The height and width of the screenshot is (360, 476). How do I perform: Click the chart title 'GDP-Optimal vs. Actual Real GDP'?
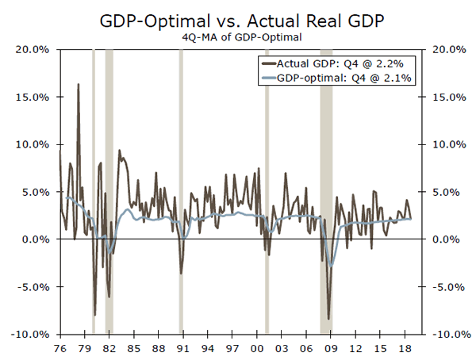(237, 17)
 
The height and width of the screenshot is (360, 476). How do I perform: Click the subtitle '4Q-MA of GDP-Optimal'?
(237, 35)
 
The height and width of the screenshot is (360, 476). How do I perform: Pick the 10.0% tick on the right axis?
(444, 144)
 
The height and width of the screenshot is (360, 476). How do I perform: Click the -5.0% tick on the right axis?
(444, 287)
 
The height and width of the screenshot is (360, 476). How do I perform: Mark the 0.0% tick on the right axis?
(443, 239)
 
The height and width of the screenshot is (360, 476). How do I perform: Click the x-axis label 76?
(59, 348)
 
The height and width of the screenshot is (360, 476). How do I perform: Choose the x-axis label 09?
(328, 348)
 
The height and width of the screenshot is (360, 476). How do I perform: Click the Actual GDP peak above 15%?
(78, 84)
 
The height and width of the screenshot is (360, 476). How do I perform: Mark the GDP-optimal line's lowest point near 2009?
(331, 267)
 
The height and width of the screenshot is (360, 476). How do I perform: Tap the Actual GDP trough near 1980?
(94, 315)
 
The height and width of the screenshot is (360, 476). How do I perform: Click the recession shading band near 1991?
(181, 190)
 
